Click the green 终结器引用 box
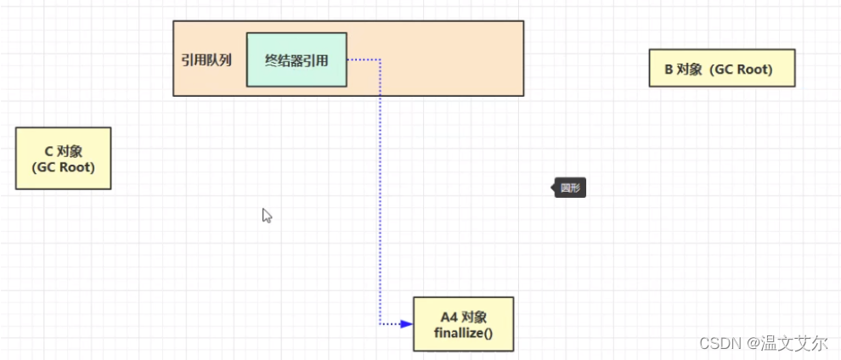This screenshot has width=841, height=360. pos(296,59)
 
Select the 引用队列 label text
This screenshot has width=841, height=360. pos(206,61)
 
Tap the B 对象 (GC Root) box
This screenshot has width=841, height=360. pos(722,69)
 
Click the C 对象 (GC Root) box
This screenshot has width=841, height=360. pos(63,158)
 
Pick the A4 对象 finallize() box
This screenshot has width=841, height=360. pos(463,323)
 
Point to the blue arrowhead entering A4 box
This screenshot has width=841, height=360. pos(407,323)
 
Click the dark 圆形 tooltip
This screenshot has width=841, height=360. pos(570,188)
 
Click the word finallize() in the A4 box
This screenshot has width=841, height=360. pos(463,332)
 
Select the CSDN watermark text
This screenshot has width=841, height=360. pos(720,344)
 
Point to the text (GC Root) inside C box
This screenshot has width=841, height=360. pos(63,167)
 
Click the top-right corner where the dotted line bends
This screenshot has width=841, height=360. pos(380,59)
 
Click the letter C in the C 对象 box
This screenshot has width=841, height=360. pos(48,150)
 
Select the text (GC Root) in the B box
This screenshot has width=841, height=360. pos(743,69)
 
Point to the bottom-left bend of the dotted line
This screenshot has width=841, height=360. pos(380,323)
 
